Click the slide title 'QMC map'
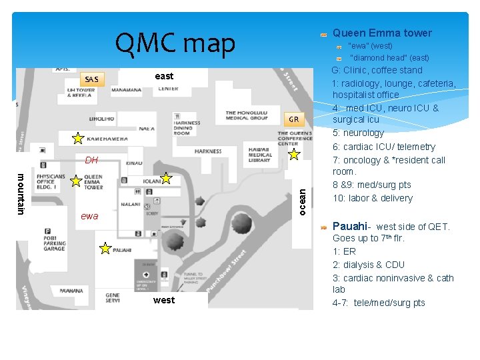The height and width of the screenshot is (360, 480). coord(175,44)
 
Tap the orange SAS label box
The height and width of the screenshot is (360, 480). coord(92,79)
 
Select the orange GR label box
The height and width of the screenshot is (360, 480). coord(294,119)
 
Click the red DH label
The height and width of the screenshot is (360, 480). coord(91,160)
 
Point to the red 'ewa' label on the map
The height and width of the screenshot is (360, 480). coord(89,216)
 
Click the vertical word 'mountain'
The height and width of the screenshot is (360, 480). coord(21,194)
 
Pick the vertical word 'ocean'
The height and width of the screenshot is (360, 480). coord(302,201)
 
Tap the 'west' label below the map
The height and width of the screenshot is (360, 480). coord(164,300)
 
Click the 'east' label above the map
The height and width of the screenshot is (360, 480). coord(164,76)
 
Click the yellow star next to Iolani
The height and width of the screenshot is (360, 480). coord(166,178)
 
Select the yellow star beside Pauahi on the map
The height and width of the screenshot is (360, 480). coord(105,249)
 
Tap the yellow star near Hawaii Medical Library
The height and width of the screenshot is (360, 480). coord(294,155)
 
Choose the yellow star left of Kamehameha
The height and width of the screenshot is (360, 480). coord(78,138)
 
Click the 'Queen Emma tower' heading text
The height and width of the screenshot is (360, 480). coord(382,33)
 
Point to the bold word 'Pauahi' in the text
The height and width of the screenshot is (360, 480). coord(349,226)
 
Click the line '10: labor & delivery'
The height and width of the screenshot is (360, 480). coord(373,198)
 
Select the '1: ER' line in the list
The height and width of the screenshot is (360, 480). coord(344,251)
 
